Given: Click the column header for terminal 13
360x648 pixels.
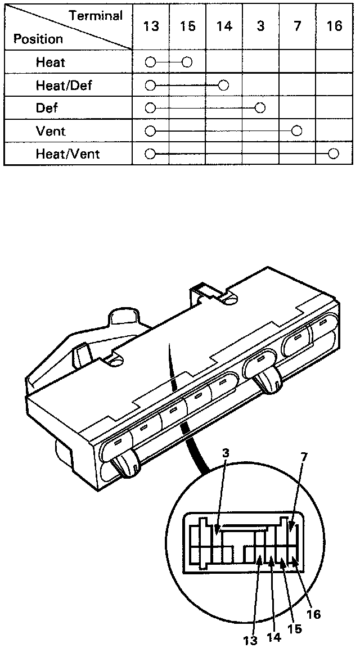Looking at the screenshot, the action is (150, 27).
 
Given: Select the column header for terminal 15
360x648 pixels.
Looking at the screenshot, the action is (187, 27).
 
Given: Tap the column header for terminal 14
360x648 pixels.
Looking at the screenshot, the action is (224, 27).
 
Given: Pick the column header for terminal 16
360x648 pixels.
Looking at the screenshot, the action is (334, 27).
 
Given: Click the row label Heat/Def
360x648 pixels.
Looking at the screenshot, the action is (64, 85).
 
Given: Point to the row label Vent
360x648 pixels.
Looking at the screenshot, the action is (51, 131).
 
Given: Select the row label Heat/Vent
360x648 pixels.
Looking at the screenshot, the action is (67, 154).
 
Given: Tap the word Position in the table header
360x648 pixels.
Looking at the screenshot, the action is (38, 39).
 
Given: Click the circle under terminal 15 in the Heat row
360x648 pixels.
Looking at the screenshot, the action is (187, 62).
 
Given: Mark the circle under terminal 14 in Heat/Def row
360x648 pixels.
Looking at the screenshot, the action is (224, 85).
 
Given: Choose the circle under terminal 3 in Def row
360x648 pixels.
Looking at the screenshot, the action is (260, 108).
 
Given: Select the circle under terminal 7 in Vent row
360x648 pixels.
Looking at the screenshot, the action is (297, 131).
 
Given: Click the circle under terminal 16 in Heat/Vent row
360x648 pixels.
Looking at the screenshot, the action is (334, 154).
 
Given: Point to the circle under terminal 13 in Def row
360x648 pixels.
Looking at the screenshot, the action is (150, 108).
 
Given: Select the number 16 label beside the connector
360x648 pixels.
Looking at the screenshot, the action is (313, 614).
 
